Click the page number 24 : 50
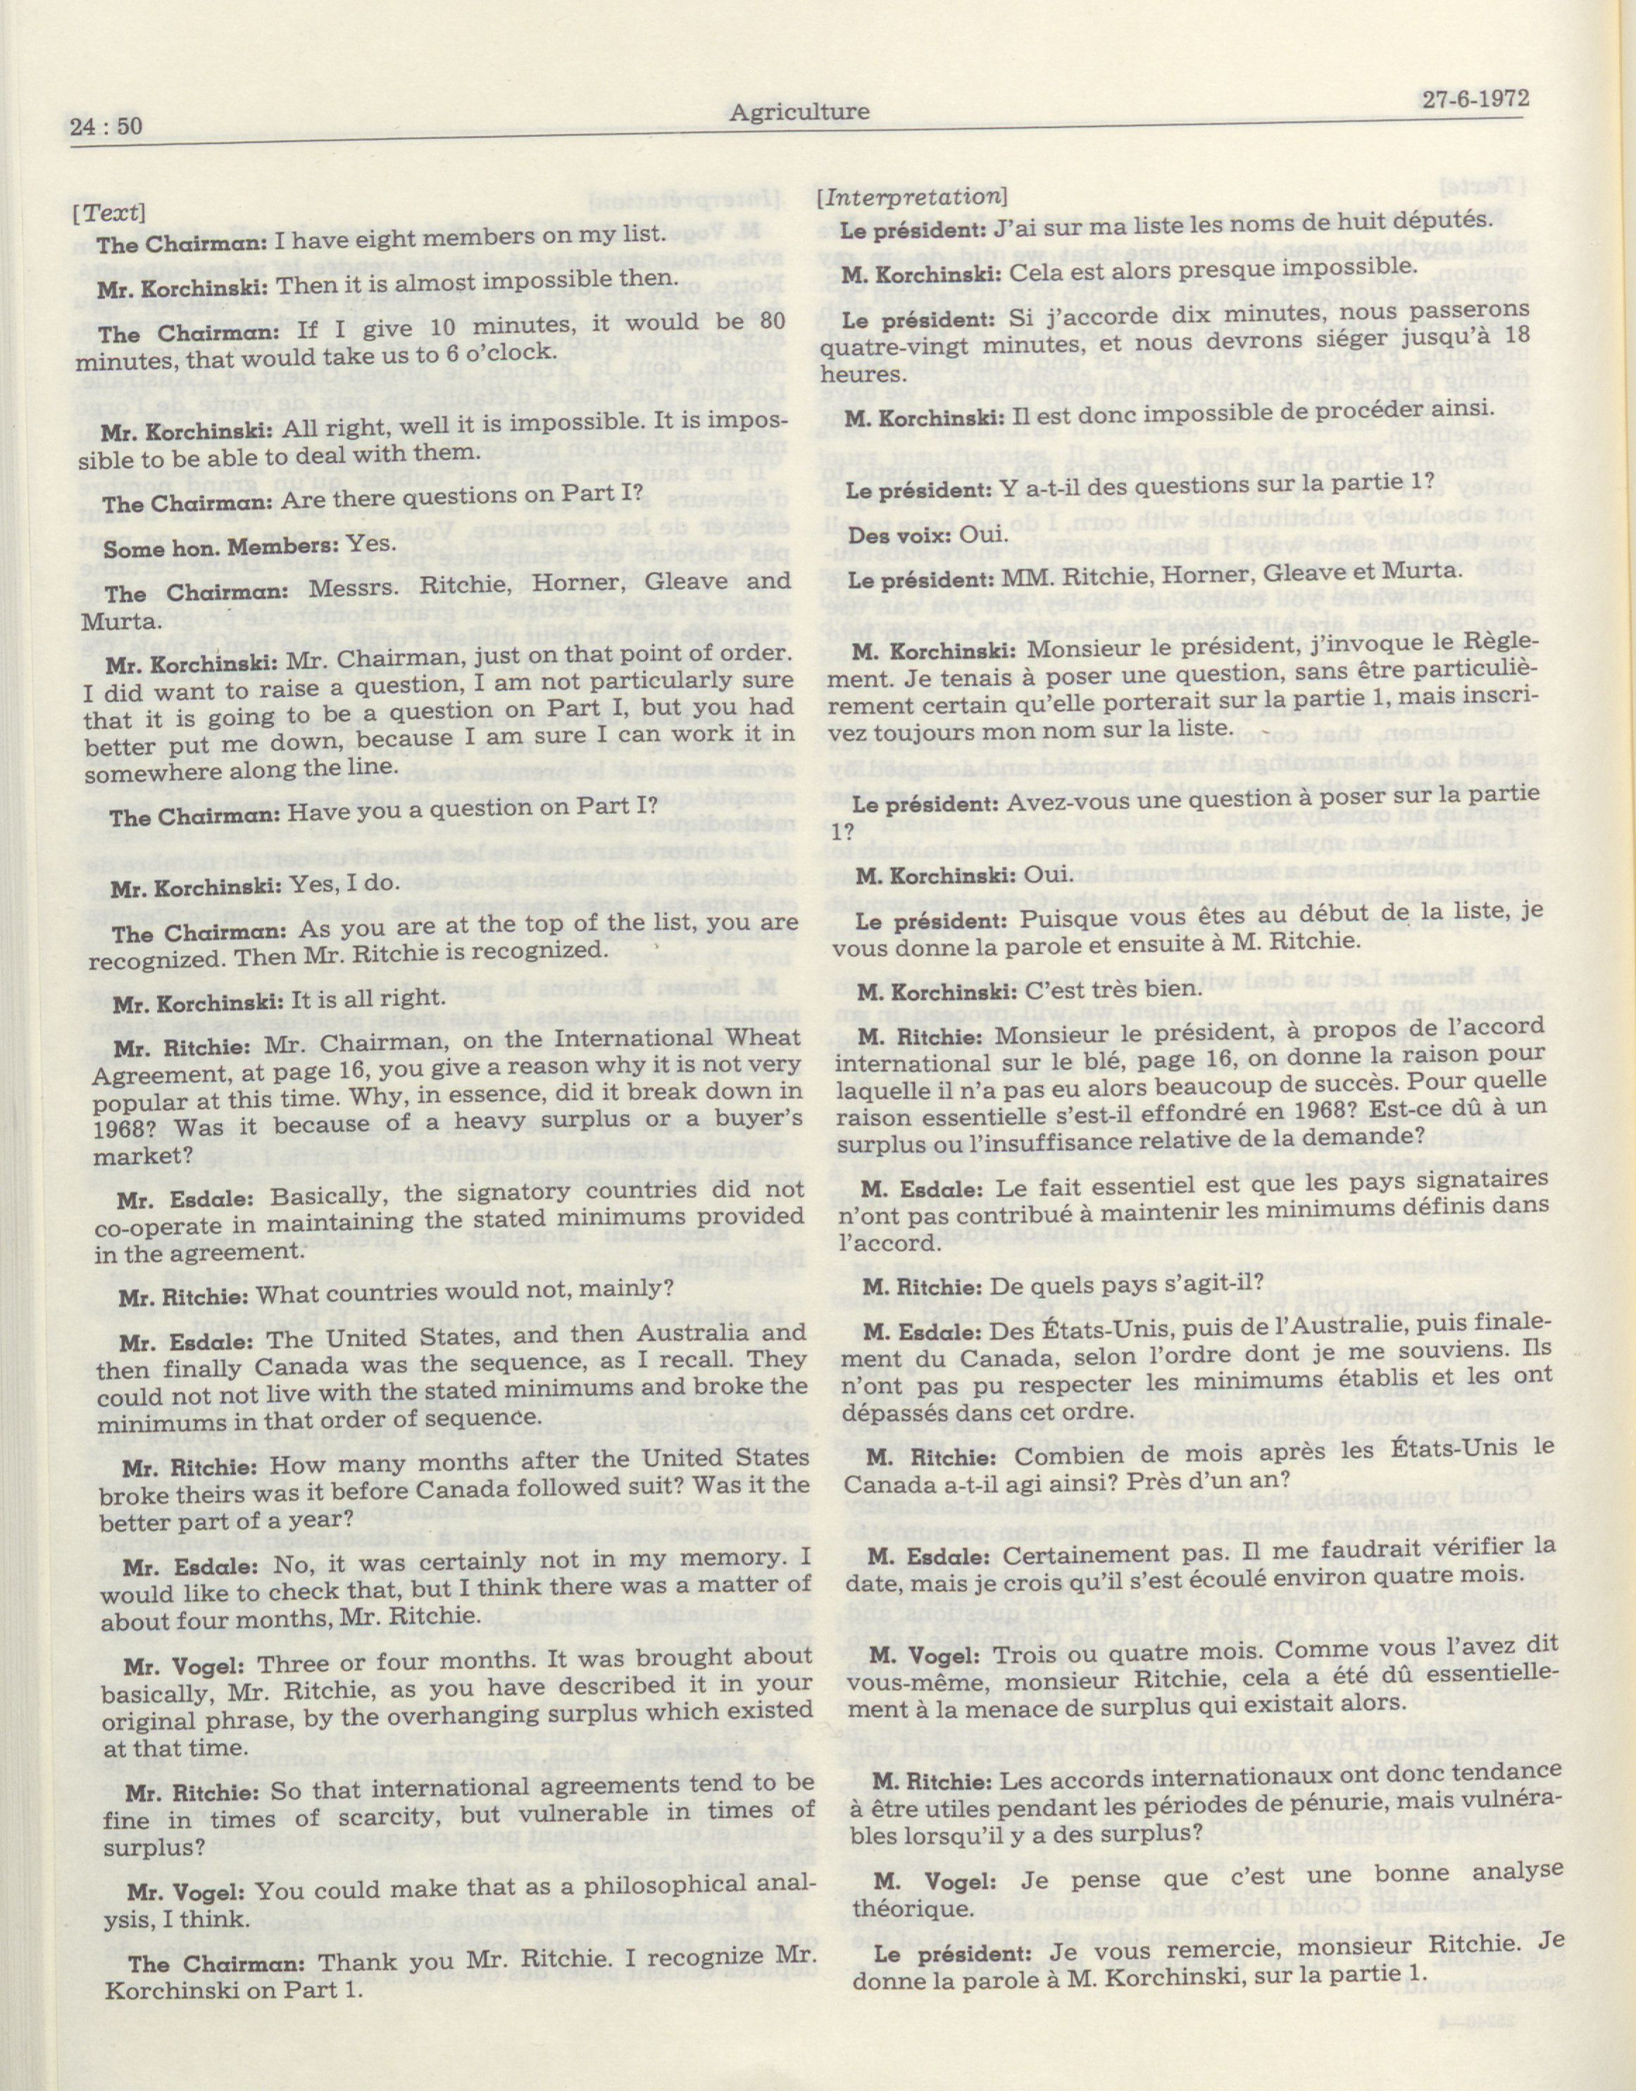tap(106, 125)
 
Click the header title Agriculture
tap(799, 112)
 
